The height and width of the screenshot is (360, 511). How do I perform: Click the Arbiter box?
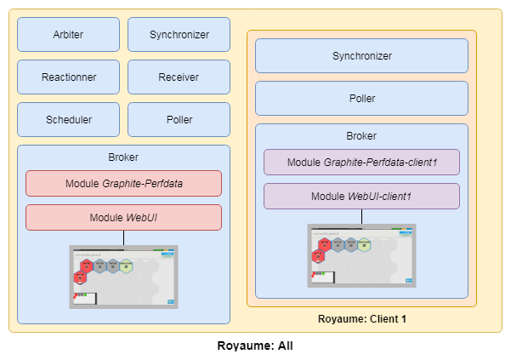coord(68,35)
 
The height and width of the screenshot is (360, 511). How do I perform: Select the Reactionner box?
coord(68,77)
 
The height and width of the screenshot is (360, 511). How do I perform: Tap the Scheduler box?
coord(68,120)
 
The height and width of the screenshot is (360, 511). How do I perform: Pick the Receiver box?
coord(179,77)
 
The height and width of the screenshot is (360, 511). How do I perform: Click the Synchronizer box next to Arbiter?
coord(179,35)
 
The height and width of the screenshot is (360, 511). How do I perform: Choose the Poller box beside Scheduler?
coord(179,120)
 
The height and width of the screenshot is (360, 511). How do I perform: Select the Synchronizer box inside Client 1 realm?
coord(361,56)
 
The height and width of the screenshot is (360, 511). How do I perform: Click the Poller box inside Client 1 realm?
coord(361,99)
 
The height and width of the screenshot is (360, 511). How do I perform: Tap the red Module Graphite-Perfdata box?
coord(123,184)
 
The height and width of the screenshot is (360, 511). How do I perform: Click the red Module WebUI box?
coord(123,218)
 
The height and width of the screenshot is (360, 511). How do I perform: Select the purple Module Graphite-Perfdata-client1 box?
coord(361,163)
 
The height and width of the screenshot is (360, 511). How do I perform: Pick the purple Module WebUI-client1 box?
coord(361,197)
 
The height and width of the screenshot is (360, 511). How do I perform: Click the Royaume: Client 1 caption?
coord(361,319)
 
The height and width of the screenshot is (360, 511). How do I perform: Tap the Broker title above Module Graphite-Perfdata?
coord(123,157)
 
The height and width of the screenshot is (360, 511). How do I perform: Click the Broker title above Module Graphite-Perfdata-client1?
coord(361,136)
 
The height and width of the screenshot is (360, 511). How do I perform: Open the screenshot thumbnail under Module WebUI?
coord(123,277)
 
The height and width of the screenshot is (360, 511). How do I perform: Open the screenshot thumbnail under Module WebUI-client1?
coord(361,255)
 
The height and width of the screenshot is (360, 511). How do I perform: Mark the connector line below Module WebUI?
coord(123,237)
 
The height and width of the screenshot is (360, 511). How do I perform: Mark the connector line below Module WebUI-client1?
coord(361,216)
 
